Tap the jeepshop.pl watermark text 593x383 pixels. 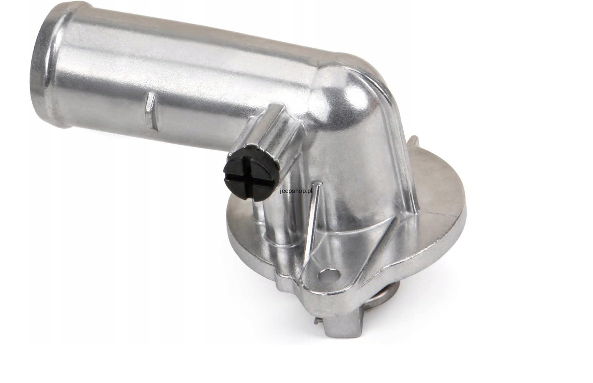point(296,191)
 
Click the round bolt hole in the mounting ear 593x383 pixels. point(329,275)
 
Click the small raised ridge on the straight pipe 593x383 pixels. point(151,111)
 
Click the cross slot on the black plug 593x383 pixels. point(247,177)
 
